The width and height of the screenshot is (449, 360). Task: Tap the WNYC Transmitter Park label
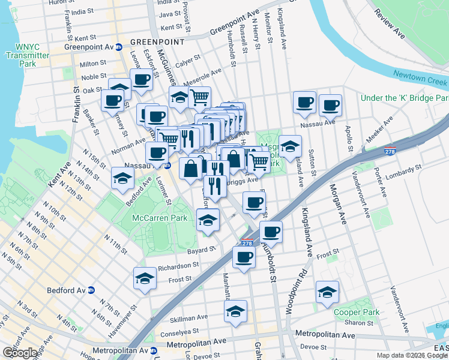click(25, 55)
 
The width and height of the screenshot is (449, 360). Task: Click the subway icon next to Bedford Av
click(91, 290)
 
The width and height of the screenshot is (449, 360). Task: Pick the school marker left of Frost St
click(145, 279)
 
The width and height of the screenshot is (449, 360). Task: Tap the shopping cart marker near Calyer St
click(199, 97)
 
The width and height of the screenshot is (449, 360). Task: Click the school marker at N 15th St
click(122, 179)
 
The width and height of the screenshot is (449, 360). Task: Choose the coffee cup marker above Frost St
click(244, 257)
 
